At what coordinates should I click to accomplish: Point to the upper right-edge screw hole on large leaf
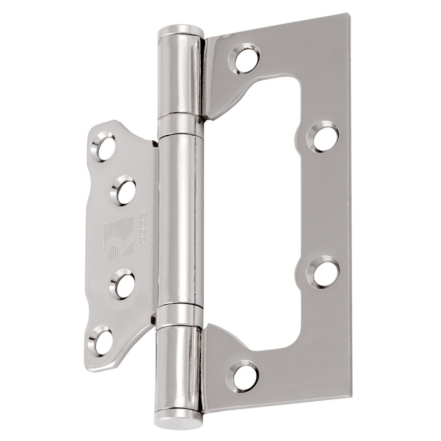pyautogui.click(x=324, y=137)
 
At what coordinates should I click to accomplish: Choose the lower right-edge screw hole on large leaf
pyautogui.click(x=324, y=272)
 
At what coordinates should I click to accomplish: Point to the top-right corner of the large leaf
pyautogui.click(x=346, y=16)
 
